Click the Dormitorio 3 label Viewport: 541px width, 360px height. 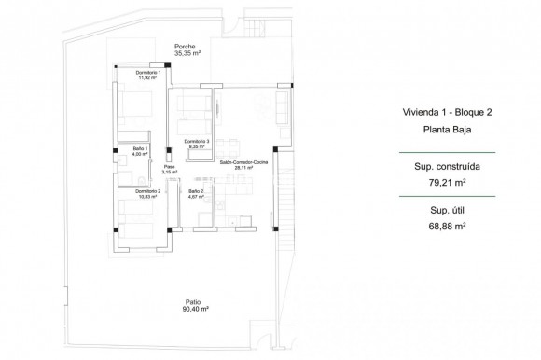coord(196,141)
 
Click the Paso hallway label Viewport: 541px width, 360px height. coord(169,166)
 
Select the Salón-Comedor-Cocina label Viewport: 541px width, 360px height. coord(243,161)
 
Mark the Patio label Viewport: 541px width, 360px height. coord(192,301)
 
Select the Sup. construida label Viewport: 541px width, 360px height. coord(441,168)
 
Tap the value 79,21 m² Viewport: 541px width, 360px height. coord(441,184)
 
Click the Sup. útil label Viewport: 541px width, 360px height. coord(441,212)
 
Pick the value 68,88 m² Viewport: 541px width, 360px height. coord(441,228)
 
